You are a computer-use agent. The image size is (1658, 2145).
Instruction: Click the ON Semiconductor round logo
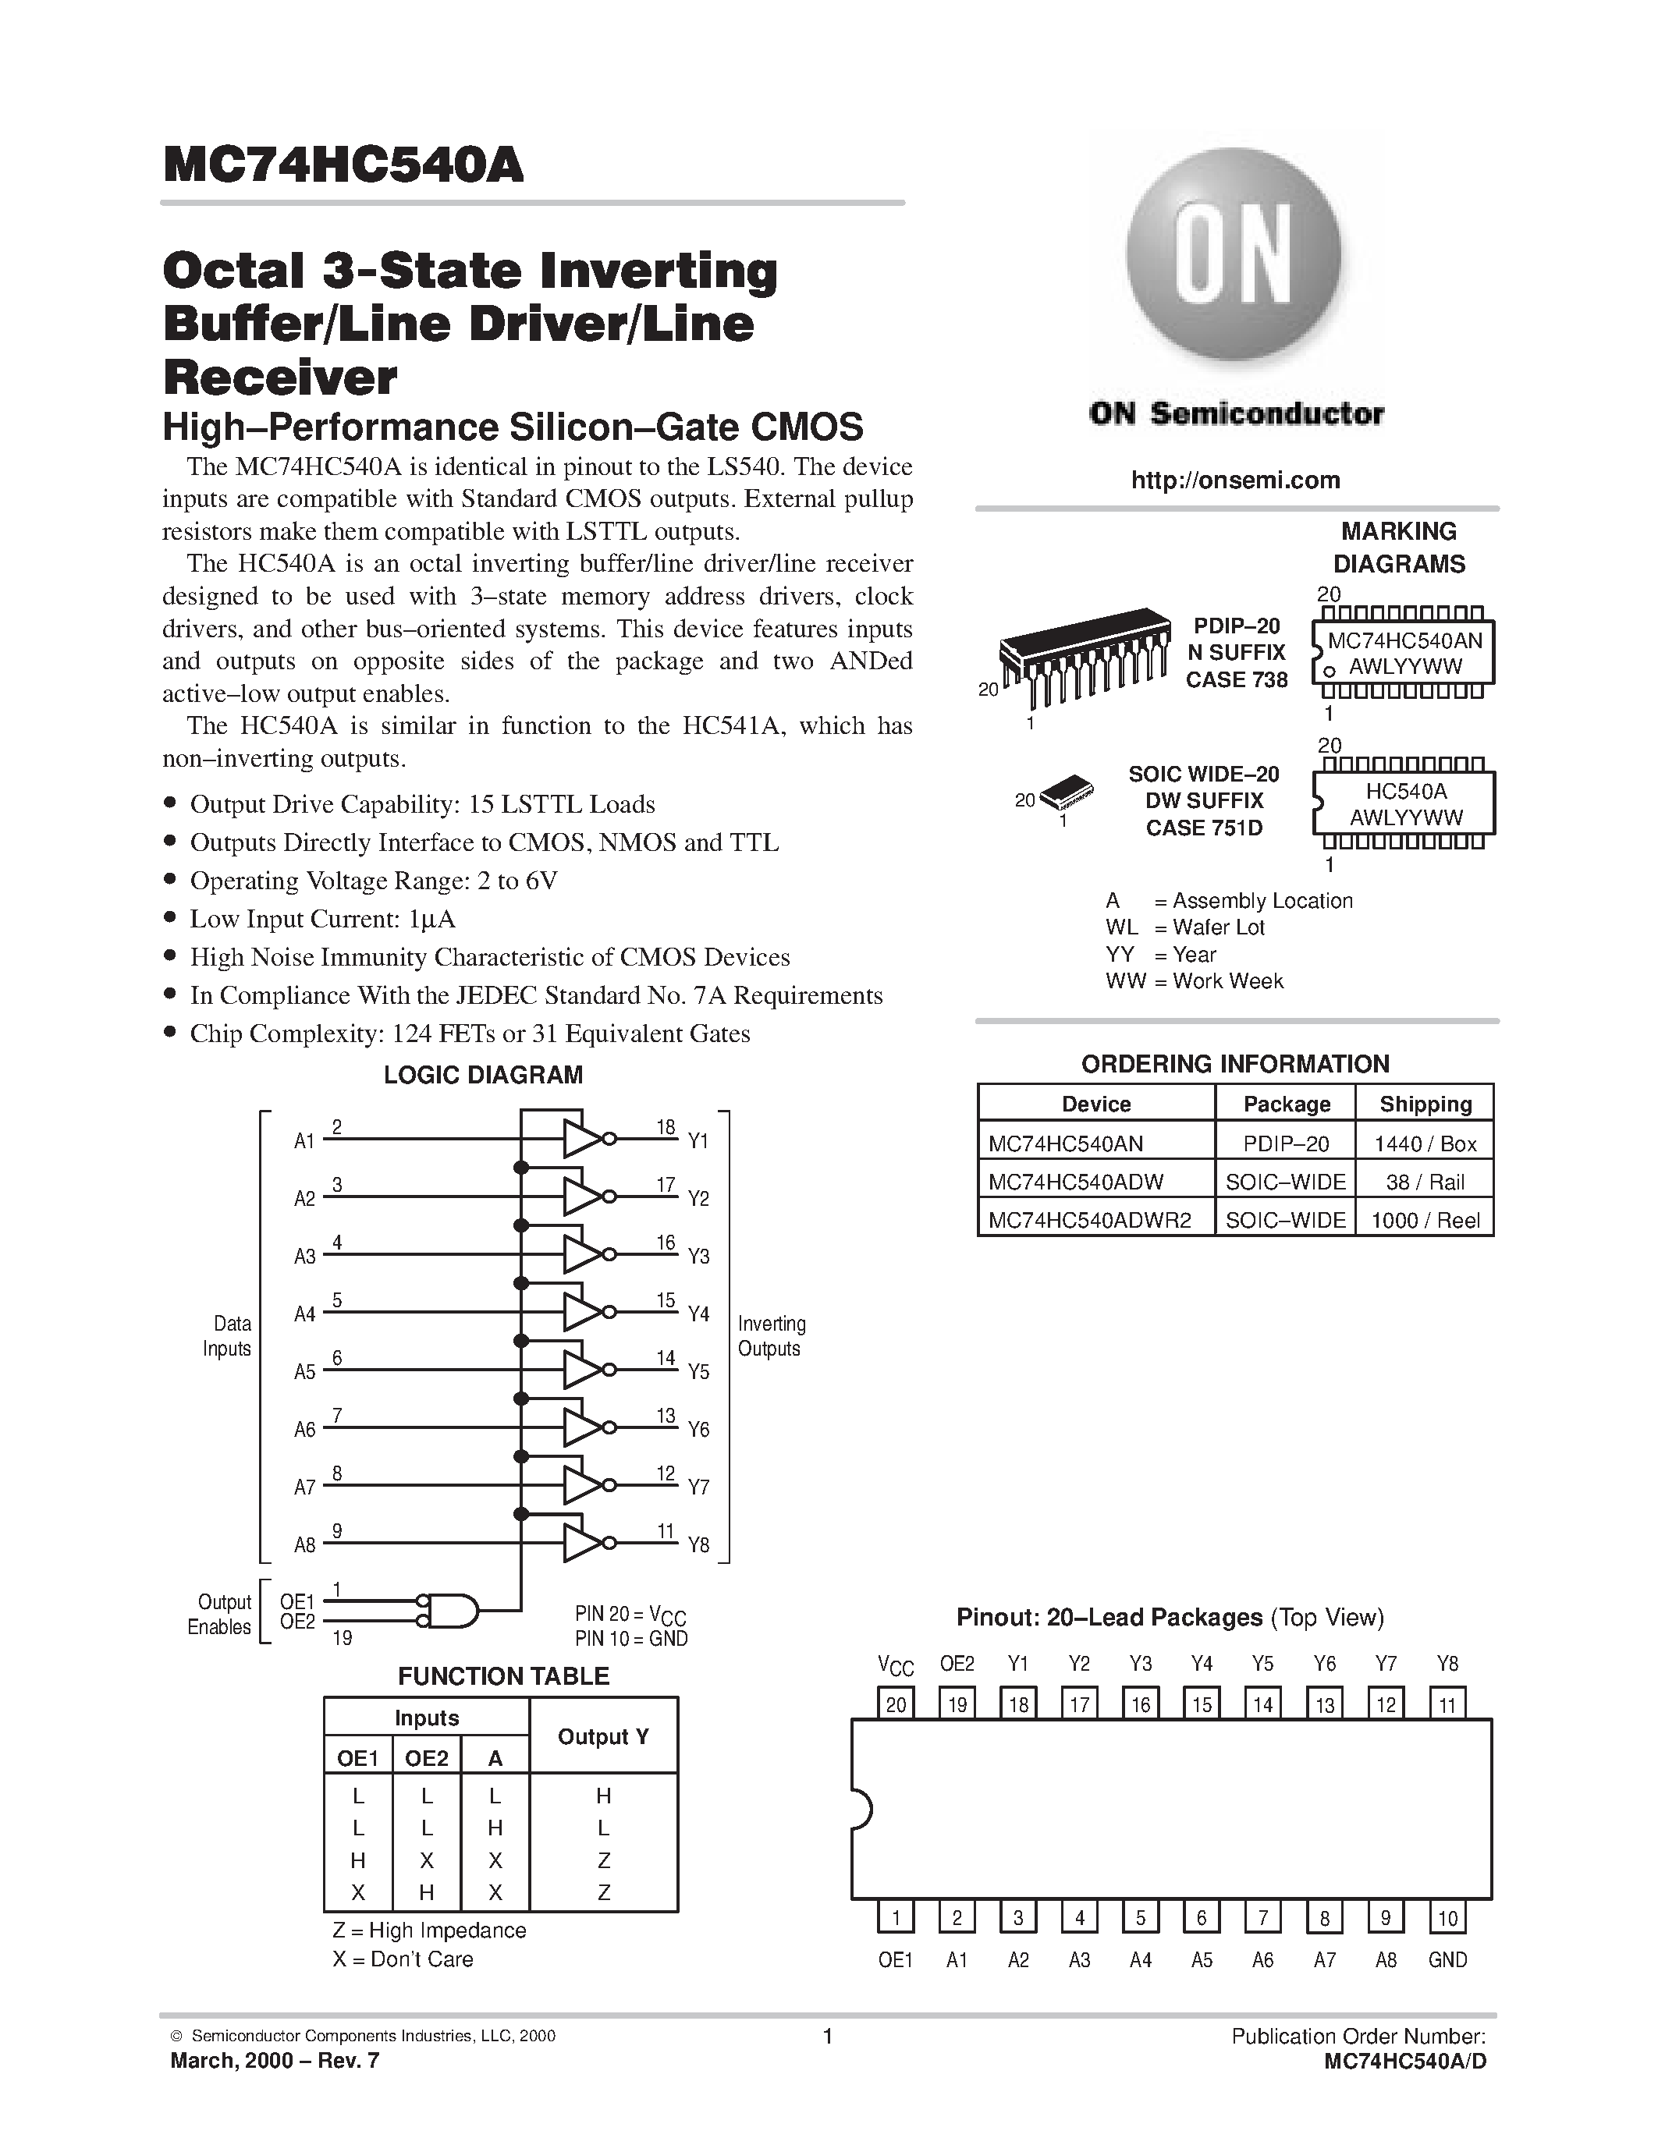pyautogui.click(x=1234, y=255)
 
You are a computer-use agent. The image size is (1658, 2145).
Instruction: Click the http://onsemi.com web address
pyautogui.click(x=1234, y=480)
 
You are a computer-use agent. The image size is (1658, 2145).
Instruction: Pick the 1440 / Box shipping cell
pyautogui.click(x=1425, y=1143)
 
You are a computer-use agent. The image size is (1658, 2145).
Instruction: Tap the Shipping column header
pyautogui.click(x=1425, y=1104)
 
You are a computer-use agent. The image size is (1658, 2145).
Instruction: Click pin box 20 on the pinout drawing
pyautogui.click(x=896, y=1705)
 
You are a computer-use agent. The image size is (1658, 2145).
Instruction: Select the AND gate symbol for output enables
pyautogui.click(x=452, y=1611)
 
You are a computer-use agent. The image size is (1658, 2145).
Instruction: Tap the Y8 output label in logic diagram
pyautogui.click(x=698, y=1546)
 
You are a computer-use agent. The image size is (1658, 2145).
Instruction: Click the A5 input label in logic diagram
pyautogui.click(x=304, y=1372)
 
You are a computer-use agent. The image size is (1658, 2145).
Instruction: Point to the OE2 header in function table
pyautogui.click(x=426, y=1759)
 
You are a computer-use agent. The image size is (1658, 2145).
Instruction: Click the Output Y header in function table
pyautogui.click(x=603, y=1736)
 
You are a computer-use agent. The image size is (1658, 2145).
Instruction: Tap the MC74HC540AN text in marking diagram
pyautogui.click(x=1404, y=641)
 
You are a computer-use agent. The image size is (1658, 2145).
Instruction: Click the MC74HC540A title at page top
pyautogui.click(x=344, y=165)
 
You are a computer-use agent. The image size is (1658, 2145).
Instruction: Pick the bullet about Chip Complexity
pyautogui.click(x=470, y=1034)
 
